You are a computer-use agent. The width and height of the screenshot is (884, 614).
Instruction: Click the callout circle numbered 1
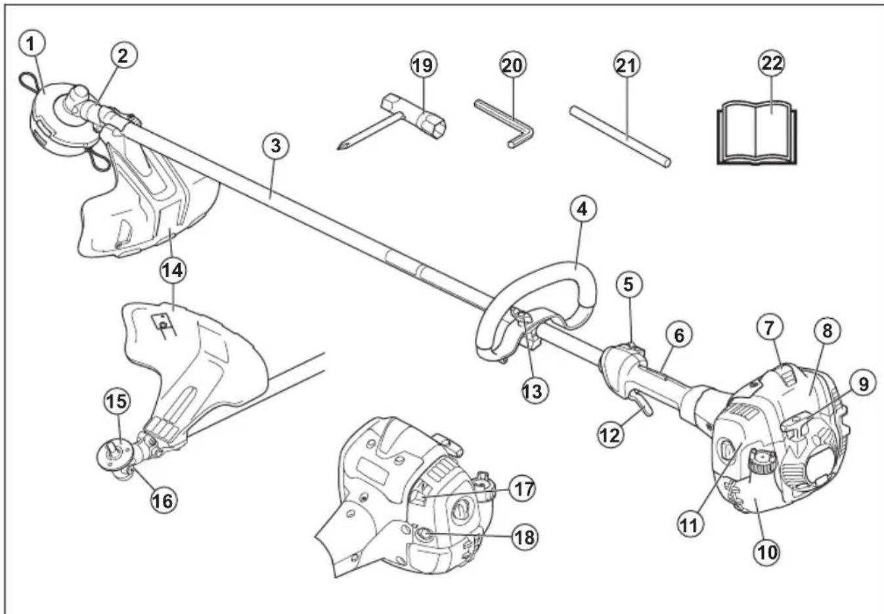click(x=32, y=44)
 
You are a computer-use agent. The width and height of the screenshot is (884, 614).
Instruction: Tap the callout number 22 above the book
click(x=772, y=63)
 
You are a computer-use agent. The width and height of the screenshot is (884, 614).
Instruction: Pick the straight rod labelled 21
click(x=620, y=137)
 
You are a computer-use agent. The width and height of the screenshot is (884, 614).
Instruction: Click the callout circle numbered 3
click(x=275, y=146)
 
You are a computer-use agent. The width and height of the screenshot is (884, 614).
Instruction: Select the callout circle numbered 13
click(x=535, y=391)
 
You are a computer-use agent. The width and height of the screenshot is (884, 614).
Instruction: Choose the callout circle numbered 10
click(x=768, y=552)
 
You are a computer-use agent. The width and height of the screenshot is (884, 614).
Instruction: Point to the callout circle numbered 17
click(x=523, y=490)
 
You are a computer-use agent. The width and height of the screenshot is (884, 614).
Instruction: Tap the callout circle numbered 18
click(x=525, y=537)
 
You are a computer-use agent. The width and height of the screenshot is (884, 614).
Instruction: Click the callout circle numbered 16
click(x=164, y=501)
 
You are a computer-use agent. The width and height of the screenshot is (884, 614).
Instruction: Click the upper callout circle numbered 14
click(x=173, y=271)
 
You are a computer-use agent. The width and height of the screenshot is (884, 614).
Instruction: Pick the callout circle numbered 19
click(x=424, y=65)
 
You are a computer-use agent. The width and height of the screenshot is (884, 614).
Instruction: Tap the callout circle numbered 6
click(x=678, y=336)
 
